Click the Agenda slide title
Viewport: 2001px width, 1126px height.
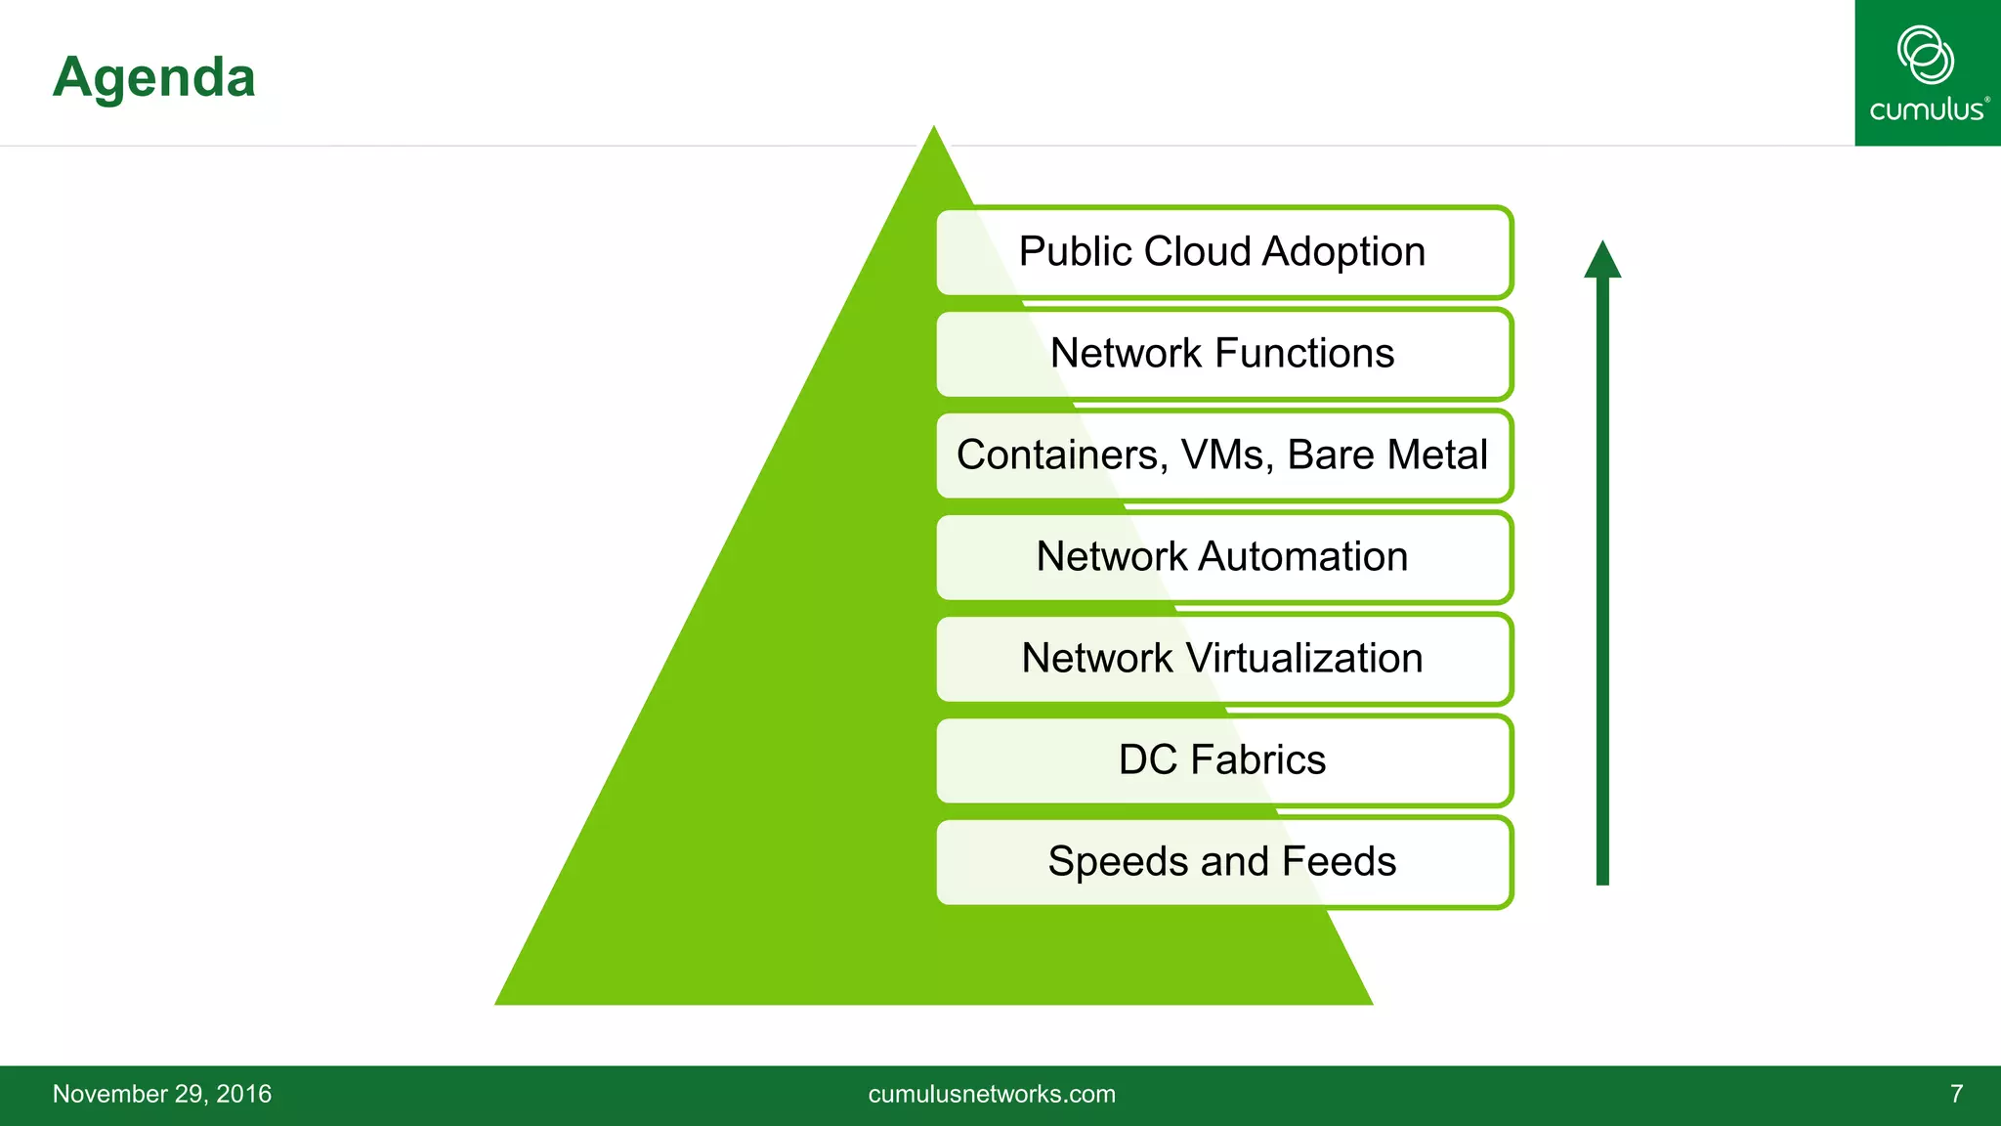tap(154, 77)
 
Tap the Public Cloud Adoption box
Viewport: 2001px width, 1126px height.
tap(1223, 252)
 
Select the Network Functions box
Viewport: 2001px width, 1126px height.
tap(1223, 354)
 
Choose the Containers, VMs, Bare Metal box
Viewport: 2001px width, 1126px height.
tap(1223, 455)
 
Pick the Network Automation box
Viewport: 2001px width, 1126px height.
tap(1223, 557)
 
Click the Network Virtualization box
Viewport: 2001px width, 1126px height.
tap(1223, 659)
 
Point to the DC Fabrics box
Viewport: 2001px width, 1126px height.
tap(1223, 760)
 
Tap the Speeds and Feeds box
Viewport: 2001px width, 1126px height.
tap(1223, 862)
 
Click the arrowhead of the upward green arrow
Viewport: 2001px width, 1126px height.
tap(1602, 261)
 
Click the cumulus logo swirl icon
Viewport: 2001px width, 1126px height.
tap(1925, 55)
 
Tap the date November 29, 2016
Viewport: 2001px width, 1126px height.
tap(162, 1094)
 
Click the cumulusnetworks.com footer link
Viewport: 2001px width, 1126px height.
tap(992, 1094)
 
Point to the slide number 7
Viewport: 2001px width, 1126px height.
tap(1956, 1094)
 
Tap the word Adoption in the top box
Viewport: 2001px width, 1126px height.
tap(1343, 252)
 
